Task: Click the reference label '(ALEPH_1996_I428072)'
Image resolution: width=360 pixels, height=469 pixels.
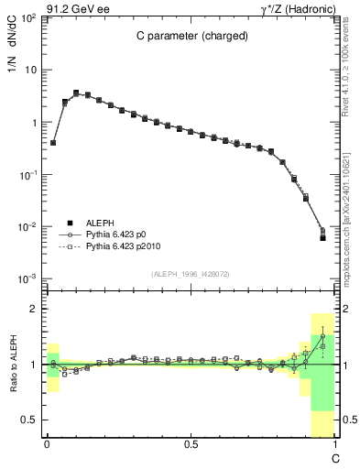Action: point(191,274)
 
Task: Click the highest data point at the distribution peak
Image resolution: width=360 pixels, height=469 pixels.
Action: point(76,93)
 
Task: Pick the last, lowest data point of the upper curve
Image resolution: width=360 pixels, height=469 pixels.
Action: point(322,237)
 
